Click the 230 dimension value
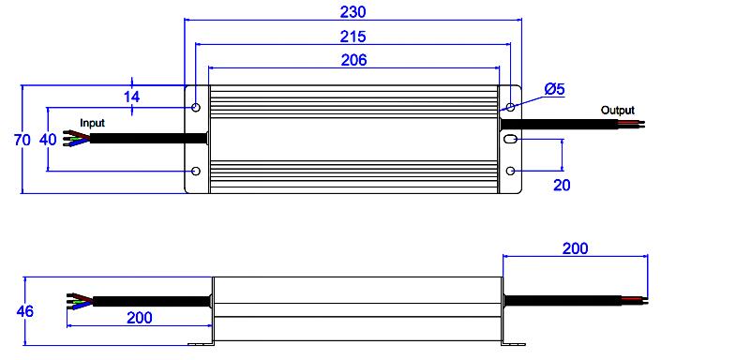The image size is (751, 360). click(353, 11)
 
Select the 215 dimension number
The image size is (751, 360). click(353, 37)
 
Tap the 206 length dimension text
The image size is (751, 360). click(353, 60)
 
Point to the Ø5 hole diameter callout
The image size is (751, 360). click(555, 89)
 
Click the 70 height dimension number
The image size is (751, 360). click(22, 140)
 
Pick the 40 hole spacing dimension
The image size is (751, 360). click(48, 140)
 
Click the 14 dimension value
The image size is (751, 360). click(131, 97)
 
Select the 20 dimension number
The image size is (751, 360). click(562, 185)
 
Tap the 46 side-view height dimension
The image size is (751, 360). click(25, 311)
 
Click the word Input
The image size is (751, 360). click(92, 123)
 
